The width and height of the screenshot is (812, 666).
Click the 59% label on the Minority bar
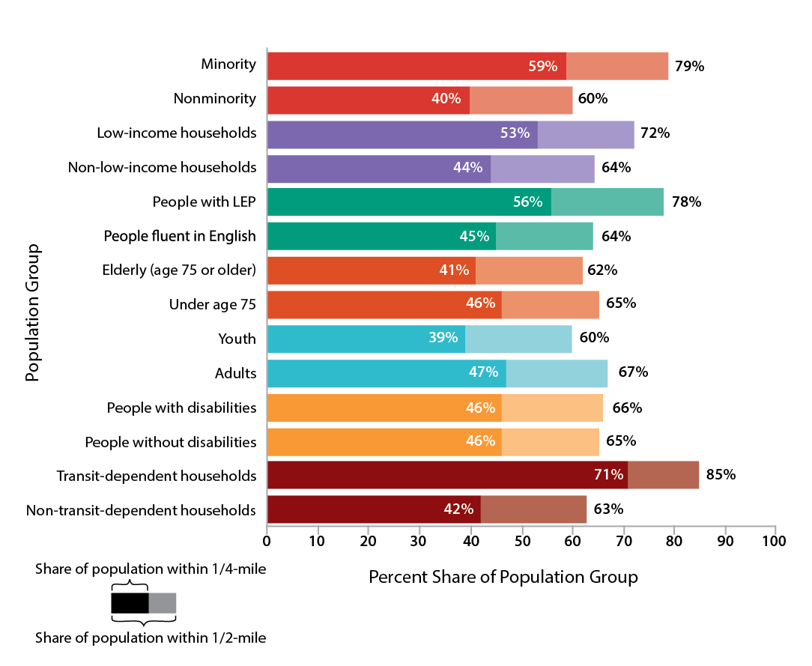543,66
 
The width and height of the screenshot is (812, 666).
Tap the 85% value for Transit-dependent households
720,475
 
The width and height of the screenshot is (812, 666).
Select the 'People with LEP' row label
204,202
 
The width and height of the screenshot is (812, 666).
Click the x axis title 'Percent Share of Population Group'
503,578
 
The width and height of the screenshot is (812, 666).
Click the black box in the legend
130,602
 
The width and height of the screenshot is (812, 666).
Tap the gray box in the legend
163,602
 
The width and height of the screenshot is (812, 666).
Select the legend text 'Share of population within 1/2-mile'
151,638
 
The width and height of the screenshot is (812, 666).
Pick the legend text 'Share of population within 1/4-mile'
151,570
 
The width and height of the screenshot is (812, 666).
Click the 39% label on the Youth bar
443,338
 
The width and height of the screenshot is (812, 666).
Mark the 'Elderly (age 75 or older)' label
179,270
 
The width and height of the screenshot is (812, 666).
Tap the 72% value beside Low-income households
654,134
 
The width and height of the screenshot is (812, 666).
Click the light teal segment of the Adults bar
557,373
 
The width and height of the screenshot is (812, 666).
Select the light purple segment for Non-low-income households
542,168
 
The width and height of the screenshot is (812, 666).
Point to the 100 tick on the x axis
775,539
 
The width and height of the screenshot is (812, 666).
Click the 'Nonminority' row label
215,99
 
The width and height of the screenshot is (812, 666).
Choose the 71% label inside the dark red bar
608,475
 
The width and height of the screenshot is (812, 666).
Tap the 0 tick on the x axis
267,539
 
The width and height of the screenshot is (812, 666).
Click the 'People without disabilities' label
171,442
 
